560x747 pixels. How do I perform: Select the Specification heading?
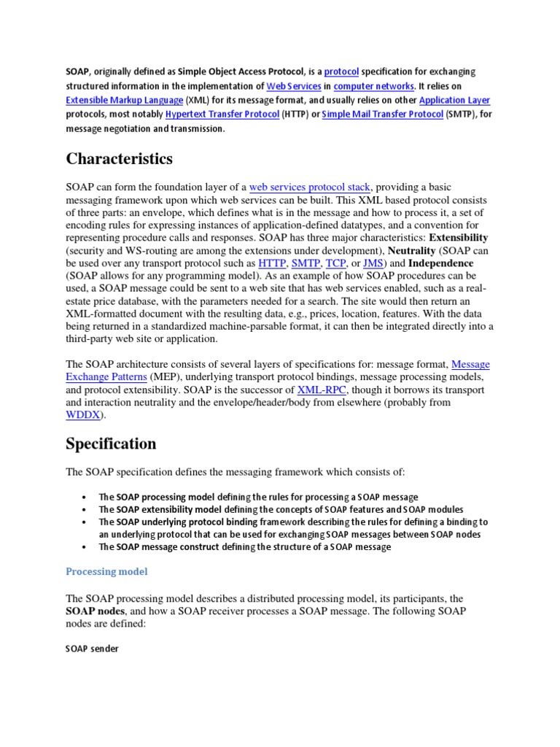(111, 444)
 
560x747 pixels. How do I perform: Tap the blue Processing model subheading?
(106, 571)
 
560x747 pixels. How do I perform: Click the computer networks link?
(373, 85)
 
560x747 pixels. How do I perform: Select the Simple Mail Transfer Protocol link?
(382, 115)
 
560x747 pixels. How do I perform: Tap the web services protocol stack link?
(310, 187)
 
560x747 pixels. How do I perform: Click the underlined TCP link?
(336, 263)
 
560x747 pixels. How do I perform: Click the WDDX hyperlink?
(81, 415)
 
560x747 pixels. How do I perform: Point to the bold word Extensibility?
(459, 238)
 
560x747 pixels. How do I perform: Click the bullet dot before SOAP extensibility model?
(86, 510)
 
